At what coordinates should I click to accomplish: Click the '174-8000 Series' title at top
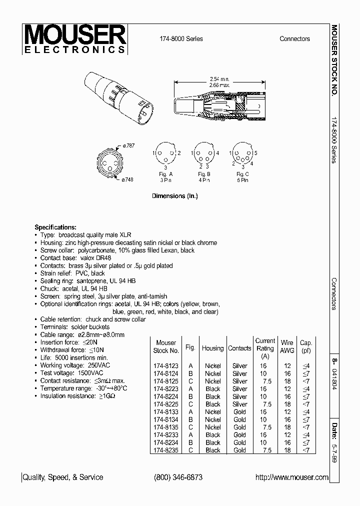(x=181, y=39)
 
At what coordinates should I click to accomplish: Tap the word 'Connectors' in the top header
(x=294, y=39)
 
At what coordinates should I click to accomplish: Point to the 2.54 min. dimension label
(x=218, y=79)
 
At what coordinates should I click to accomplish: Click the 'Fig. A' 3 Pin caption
(x=165, y=176)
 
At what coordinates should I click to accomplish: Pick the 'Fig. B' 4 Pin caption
(x=204, y=176)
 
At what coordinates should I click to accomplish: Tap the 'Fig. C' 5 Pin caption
(x=242, y=176)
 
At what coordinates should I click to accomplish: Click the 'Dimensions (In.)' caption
(x=174, y=196)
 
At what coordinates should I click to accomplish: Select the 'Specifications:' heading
(x=55, y=227)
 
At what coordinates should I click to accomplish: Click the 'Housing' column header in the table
(x=212, y=348)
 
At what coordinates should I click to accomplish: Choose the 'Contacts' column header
(x=239, y=348)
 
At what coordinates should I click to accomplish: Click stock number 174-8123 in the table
(x=165, y=366)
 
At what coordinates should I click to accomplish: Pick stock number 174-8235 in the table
(x=165, y=450)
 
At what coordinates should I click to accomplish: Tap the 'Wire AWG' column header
(x=287, y=346)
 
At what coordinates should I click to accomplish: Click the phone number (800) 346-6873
(x=178, y=477)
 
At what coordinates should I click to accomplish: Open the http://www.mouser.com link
(x=292, y=477)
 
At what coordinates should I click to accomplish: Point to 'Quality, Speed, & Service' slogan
(x=63, y=477)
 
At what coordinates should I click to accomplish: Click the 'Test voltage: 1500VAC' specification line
(x=71, y=373)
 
